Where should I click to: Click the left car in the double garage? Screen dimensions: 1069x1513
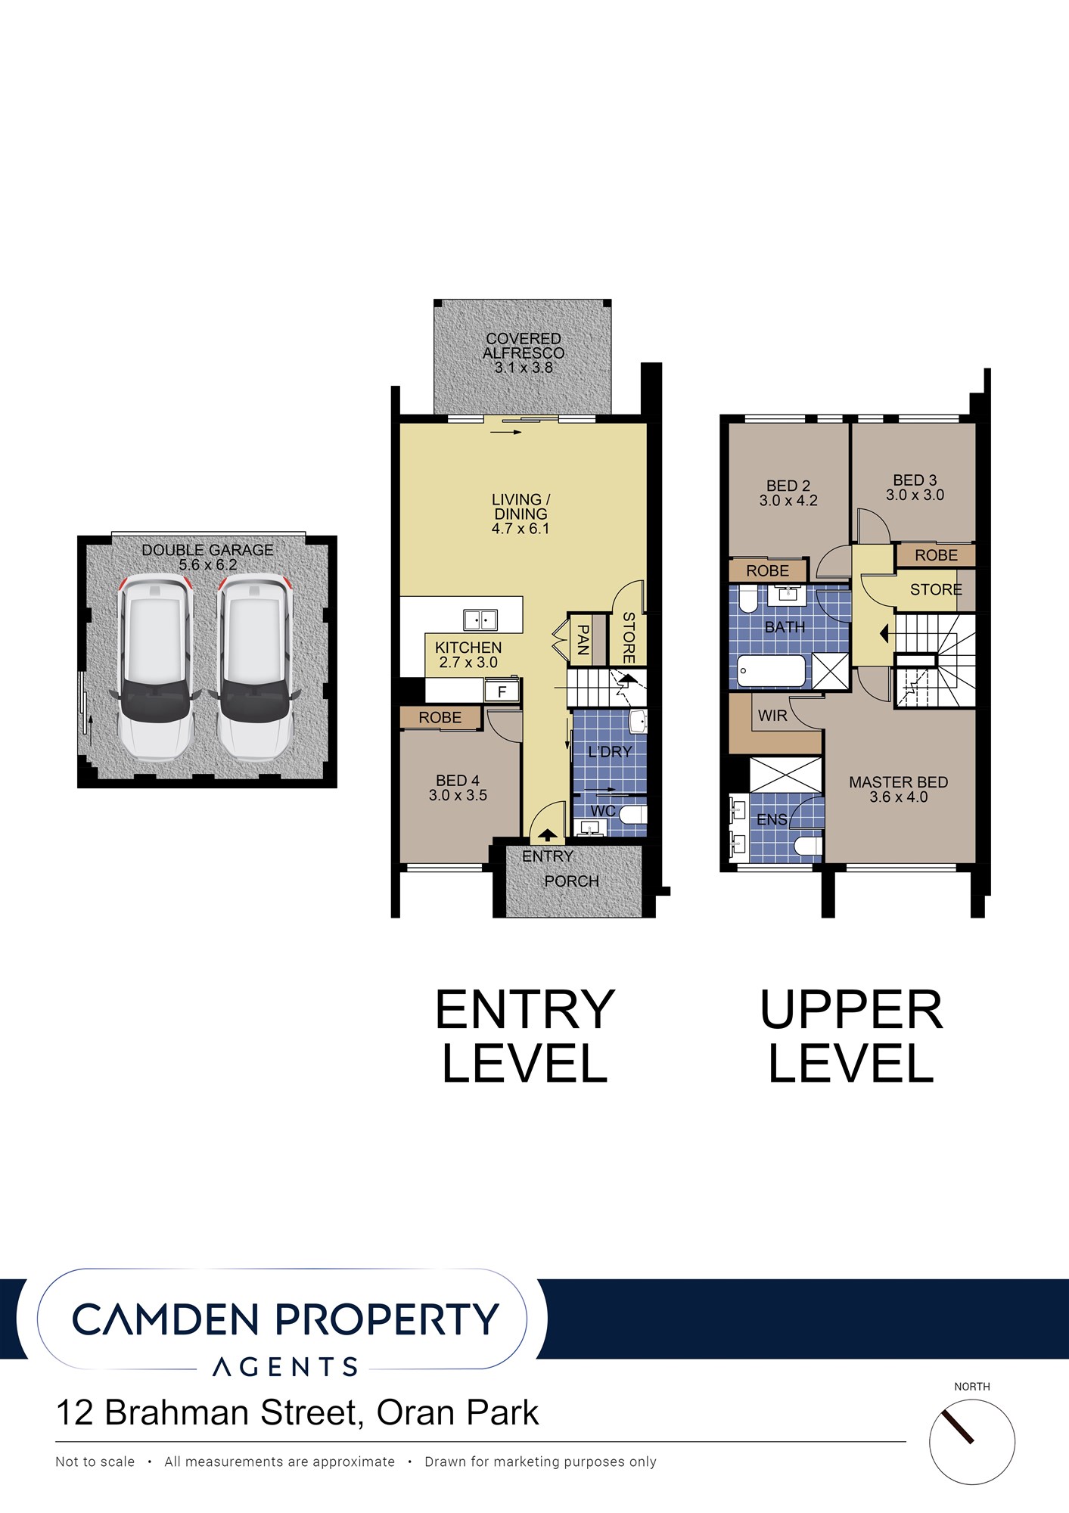click(x=156, y=667)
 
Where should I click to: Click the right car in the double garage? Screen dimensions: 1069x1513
click(x=254, y=667)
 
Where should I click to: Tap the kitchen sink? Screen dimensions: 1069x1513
click(x=480, y=620)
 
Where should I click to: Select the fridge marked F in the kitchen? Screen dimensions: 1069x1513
click(x=502, y=691)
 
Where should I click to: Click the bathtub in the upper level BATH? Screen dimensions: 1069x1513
click(x=771, y=671)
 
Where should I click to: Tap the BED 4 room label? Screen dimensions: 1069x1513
click(x=458, y=780)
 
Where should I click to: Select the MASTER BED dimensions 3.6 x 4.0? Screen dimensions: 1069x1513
click(x=899, y=797)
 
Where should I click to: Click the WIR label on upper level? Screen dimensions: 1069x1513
click(x=772, y=716)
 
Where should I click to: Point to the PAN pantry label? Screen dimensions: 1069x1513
click(x=583, y=639)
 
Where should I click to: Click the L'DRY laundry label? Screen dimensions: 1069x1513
click(x=610, y=752)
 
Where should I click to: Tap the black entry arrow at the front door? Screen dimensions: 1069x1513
click(x=547, y=836)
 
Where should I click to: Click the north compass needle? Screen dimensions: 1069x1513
click(x=957, y=1426)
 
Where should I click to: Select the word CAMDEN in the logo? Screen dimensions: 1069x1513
click(x=166, y=1319)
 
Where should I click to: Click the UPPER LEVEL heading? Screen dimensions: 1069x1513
click(x=852, y=1036)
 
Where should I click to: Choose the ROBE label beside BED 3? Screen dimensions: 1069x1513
click(x=936, y=555)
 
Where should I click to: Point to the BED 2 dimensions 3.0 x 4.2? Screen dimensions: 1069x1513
click(x=788, y=500)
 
